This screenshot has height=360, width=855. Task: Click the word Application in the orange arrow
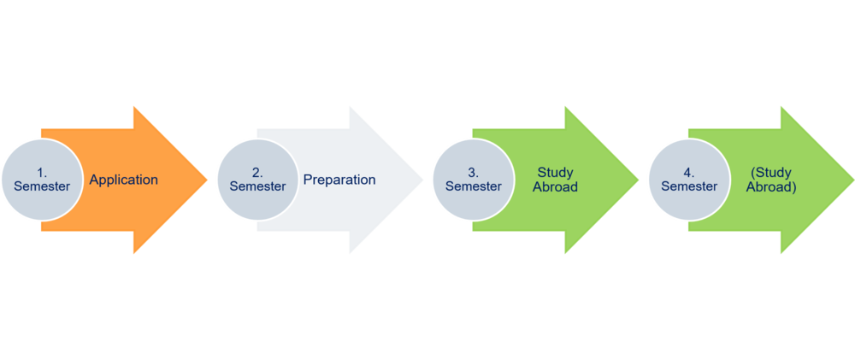click(x=123, y=180)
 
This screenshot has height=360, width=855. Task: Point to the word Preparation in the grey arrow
click(x=339, y=180)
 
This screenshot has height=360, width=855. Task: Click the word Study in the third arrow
click(x=555, y=173)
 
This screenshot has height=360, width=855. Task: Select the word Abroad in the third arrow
click(x=555, y=186)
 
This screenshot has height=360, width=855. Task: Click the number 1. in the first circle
click(x=42, y=173)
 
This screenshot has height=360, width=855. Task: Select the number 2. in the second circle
click(x=257, y=173)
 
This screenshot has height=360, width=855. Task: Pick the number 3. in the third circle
click(x=473, y=173)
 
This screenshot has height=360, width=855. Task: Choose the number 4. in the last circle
click(x=688, y=173)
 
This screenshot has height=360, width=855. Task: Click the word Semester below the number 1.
click(x=42, y=186)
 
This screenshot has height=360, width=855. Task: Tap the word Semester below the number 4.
click(x=688, y=186)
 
